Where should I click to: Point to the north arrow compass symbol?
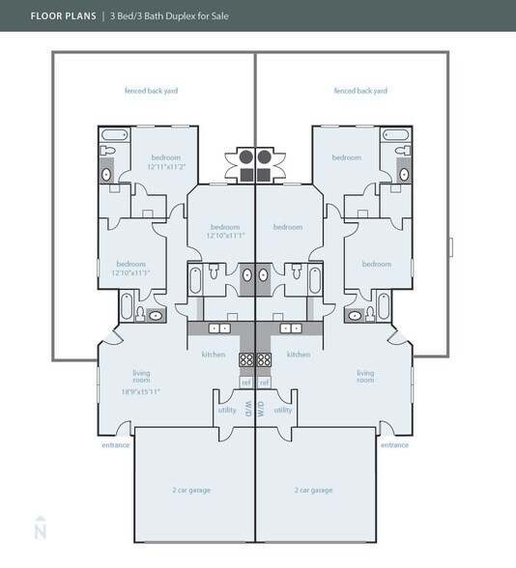(40, 529)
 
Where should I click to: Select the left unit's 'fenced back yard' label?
(151, 91)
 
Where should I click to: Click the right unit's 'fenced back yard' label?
(360, 91)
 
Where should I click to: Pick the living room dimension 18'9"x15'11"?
(141, 391)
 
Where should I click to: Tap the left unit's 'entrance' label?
(115, 445)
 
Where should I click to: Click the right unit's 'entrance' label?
(394, 445)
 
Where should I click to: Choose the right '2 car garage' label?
(313, 490)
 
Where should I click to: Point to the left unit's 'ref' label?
(245, 383)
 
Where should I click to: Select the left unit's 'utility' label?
(227, 410)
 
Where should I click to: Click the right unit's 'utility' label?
(282, 410)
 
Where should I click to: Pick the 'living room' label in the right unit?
(365, 376)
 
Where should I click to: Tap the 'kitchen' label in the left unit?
(214, 355)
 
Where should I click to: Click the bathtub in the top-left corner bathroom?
(114, 135)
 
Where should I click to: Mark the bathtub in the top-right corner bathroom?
(396, 135)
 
